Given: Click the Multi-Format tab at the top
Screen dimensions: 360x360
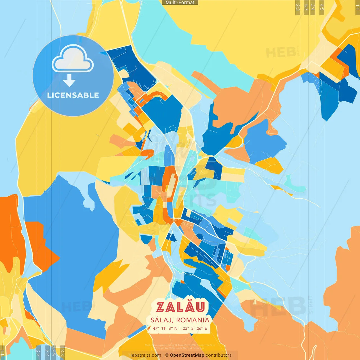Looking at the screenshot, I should pos(180,3).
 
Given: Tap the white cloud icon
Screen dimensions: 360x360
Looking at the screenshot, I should pos(73,59).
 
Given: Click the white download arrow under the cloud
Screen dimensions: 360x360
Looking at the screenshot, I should pos(69,81).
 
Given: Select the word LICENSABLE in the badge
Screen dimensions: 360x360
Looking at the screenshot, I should pos(73,95).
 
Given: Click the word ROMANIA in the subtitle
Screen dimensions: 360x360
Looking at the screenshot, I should pos(193,320).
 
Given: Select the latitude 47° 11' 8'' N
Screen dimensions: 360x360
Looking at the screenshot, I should pos(165,328).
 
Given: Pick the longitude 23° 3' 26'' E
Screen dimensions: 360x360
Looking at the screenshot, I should pos(195,328).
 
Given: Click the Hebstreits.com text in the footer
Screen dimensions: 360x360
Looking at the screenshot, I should pos(145,355).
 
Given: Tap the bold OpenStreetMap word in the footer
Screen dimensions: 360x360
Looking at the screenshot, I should pos(187,355).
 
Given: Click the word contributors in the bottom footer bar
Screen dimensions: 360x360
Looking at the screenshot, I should pos(219,355).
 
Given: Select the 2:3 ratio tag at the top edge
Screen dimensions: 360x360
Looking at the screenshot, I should pos(298,7).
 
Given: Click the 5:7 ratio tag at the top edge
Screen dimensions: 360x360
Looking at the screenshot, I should pos(306,7).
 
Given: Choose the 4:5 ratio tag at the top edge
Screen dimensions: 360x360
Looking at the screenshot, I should pos(322,7).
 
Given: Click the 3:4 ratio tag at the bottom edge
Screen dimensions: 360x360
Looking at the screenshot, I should pos(47,352).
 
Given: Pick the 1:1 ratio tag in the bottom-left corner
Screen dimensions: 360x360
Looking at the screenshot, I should pos(3,353).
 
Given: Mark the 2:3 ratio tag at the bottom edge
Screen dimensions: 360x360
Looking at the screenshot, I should pos(62,352).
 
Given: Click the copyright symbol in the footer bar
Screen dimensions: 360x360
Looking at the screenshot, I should pos(167,355).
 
